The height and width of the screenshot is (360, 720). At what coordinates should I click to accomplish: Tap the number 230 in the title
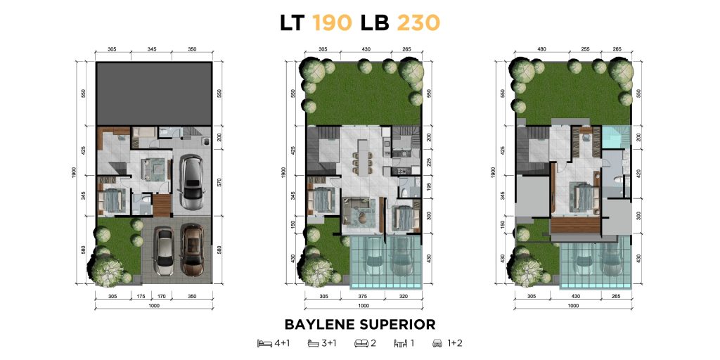tap(418, 22)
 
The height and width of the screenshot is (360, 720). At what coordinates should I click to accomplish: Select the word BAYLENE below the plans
tap(320, 324)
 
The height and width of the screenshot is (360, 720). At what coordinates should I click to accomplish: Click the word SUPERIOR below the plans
tap(397, 324)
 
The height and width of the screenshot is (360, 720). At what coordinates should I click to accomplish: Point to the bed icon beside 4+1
tap(264, 343)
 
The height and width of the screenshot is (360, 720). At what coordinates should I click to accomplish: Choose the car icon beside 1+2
tap(437, 343)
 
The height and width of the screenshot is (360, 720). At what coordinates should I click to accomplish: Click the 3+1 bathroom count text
tap(329, 343)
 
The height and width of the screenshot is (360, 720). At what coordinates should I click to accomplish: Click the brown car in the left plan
tap(192, 250)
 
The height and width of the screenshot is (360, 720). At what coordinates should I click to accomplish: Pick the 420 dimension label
tap(638, 174)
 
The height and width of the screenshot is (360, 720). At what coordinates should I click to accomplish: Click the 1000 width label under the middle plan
tap(364, 305)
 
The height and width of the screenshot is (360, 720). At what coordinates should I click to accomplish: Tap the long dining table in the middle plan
tap(362, 157)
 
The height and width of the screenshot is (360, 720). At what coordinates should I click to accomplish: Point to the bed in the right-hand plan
tap(583, 198)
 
